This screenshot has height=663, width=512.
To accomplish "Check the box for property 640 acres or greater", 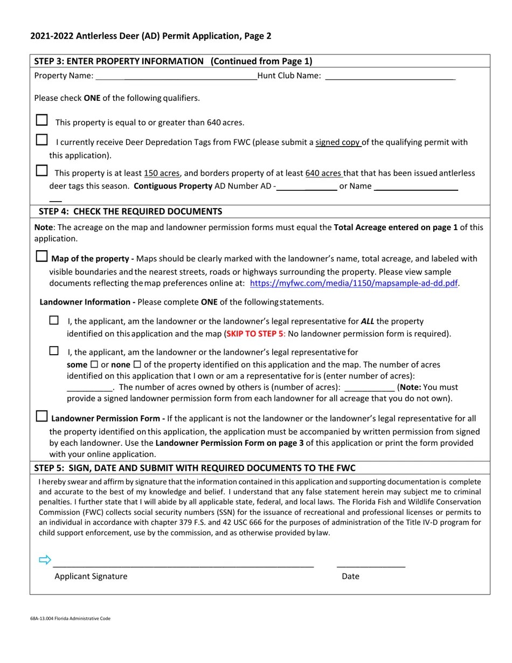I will [x=41, y=120].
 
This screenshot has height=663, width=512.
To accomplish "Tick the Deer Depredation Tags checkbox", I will [x=41, y=140].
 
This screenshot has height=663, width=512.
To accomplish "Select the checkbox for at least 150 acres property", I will [x=41, y=171].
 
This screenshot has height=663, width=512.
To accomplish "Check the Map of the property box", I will [x=41, y=257].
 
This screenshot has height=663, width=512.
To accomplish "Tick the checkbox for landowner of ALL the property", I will [x=54, y=321].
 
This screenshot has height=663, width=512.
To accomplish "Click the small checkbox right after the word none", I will [x=137, y=364].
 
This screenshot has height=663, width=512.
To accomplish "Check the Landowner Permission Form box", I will [x=41, y=417].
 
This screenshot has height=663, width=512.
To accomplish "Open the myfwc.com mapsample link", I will [x=354, y=283].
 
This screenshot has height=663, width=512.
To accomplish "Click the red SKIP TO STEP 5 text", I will [x=254, y=334].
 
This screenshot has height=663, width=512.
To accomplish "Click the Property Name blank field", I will [x=176, y=77].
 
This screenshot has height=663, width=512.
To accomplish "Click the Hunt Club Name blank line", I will [x=390, y=77].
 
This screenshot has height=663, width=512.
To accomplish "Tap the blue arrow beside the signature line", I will [x=45, y=560].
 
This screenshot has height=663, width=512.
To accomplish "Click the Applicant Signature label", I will [x=91, y=576].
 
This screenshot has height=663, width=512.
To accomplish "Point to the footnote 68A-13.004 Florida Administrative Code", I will [x=71, y=618].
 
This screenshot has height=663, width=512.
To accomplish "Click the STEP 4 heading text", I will [x=130, y=211].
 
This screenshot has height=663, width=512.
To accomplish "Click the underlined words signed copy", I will [x=338, y=142].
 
